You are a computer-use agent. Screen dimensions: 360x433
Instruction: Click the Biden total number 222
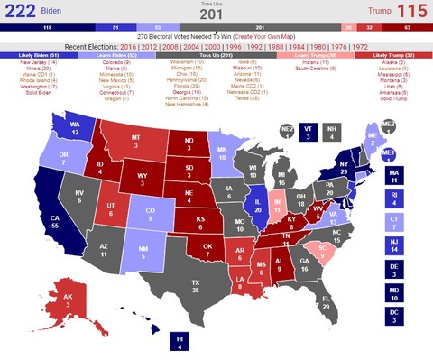[19, 11]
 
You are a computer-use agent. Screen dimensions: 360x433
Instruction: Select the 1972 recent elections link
[358, 44]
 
